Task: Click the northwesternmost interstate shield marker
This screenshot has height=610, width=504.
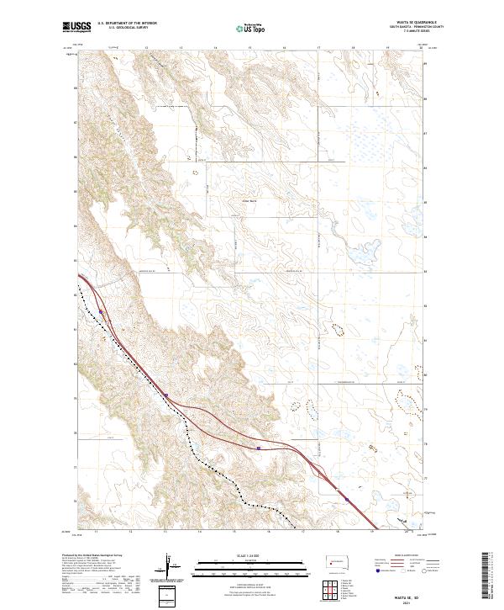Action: click(100, 310)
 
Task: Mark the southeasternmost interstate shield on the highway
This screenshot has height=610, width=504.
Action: click(346, 500)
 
